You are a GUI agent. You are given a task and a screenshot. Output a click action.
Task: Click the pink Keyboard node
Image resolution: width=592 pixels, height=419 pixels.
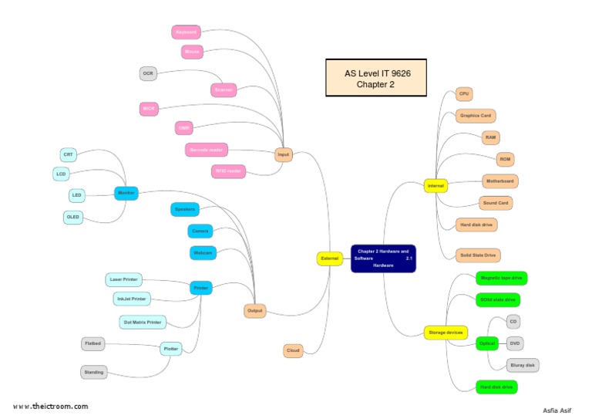pyautogui.click(x=186, y=32)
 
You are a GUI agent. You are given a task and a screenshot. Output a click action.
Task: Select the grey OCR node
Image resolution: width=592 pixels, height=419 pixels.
pyautogui.click(x=148, y=74)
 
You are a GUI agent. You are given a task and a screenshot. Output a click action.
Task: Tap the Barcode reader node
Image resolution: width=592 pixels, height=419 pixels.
pyautogui.click(x=207, y=150)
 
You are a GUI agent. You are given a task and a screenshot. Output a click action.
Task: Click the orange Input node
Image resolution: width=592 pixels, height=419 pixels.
pyautogui.click(x=284, y=155)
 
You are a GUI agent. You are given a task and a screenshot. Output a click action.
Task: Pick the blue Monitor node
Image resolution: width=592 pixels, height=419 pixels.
pyautogui.click(x=126, y=193)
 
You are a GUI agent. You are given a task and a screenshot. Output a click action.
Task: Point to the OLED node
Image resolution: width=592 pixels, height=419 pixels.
pyautogui.click(x=73, y=218)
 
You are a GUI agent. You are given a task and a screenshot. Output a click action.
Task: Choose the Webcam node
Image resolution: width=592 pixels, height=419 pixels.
pyautogui.click(x=203, y=252)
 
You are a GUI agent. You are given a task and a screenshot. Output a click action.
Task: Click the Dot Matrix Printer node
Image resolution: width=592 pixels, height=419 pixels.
pyautogui.click(x=143, y=322)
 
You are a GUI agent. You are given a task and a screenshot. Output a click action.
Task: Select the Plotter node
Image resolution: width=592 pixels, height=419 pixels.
pyautogui.click(x=170, y=349)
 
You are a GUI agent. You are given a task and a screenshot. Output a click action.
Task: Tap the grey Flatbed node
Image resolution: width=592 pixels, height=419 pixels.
pyautogui.click(x=92, y=343)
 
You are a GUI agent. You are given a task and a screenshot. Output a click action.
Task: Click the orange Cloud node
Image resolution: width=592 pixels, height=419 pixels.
pyautogui.click(x=293, y=351)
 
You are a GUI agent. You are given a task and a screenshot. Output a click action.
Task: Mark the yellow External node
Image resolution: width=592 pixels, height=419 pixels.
pyautogui.click(x=330, y=258)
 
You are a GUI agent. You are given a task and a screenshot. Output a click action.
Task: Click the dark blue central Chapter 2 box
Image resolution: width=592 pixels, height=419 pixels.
pyautogui.click(x=383, y=258)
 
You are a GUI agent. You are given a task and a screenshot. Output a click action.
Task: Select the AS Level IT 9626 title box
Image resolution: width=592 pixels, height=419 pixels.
pyautogui.click(x=375, y=79)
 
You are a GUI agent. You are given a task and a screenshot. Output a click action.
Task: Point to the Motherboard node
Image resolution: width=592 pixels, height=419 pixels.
pyautogui.click(x=499, y=181)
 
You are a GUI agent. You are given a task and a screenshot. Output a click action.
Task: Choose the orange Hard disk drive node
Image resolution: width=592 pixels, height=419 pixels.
pyautogui.click(x=476, y=225)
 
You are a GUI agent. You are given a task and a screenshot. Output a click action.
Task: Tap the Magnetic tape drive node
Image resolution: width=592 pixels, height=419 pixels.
pyautogui.click(x=501, y=277)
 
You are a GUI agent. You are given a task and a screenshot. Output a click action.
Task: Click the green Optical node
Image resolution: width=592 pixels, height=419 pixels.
pyautogui.click(x=486, y=343)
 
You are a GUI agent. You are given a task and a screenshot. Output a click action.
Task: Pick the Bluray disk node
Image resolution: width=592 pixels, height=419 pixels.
pyautogui.click(x=523, y=365)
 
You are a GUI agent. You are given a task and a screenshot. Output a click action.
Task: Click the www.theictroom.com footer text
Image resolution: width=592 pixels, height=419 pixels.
pyautogui.click(x=50, y=406)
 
